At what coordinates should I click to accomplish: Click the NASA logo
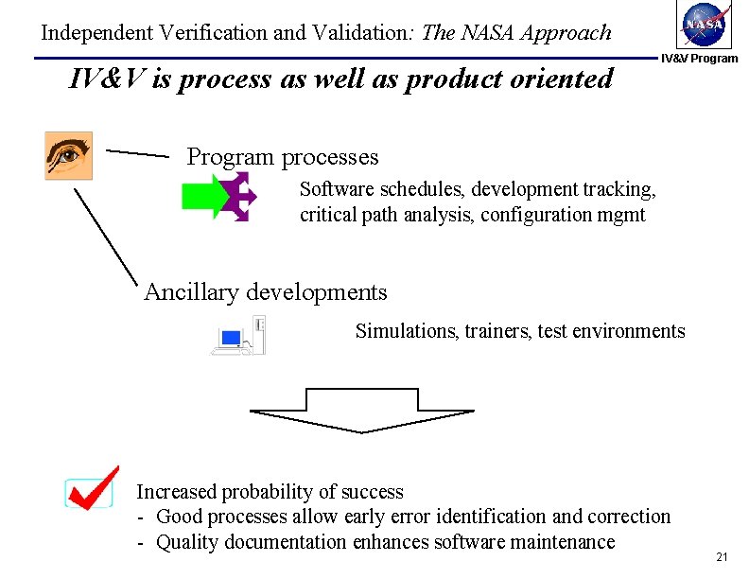pyautogui.click(x=705, y=26)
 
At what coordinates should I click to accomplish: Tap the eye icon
pyautogui.click(x=69, y=155)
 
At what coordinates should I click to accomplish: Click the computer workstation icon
pyautogui.click(x=238, y=336)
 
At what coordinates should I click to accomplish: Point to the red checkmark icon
pyautogui.click(x=92, y=488)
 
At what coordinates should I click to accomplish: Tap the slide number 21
pyautogui.click(x=722, y=557)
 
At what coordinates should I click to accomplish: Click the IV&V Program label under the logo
pyautogui.click(x=699, y=59)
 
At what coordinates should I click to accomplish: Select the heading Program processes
pyautogui.click(x=282, y=157)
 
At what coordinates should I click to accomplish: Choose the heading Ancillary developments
pyautogui.click(x=265, y=292)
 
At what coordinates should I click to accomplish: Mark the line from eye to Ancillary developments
pyautogui.click(x=108, y=235)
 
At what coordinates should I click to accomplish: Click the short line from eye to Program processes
pyautogui.click(x=137, y=152)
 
